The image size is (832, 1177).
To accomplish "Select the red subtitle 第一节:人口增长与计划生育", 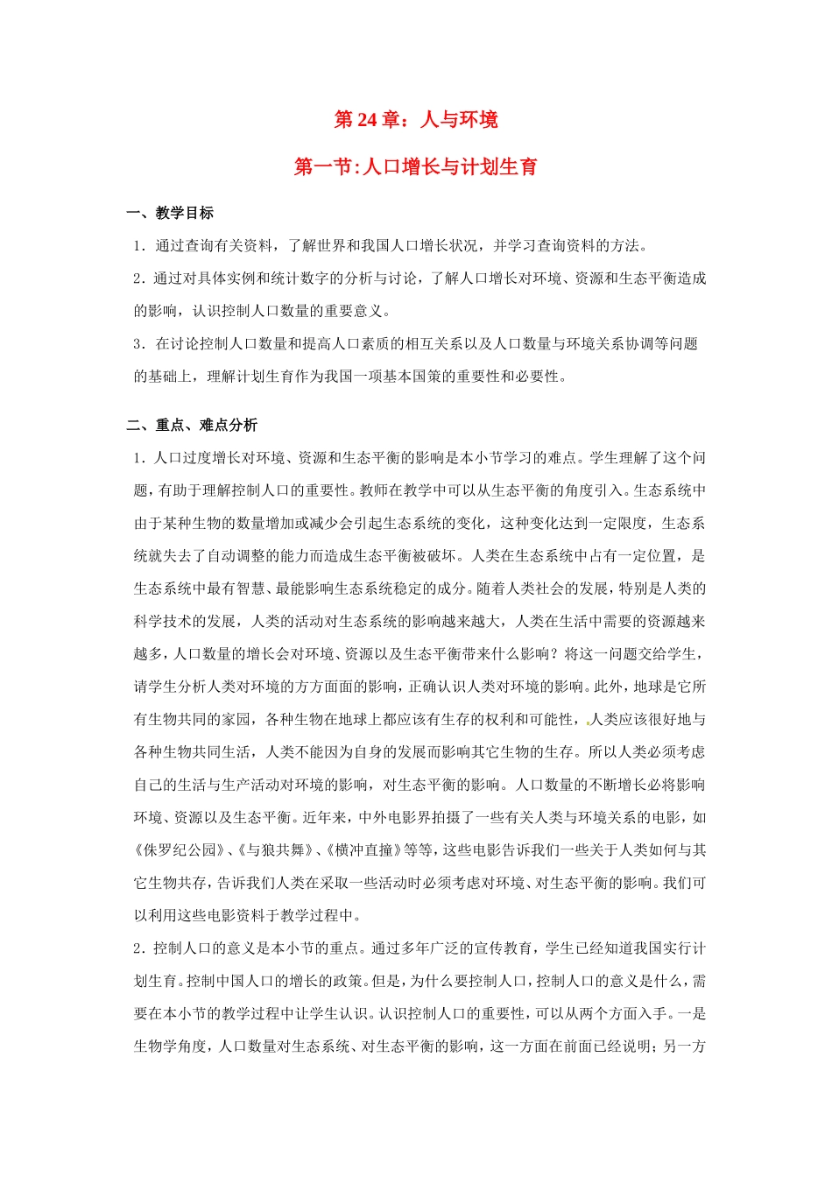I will [416, 166].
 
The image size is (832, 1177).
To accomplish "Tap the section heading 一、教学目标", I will [170, 213].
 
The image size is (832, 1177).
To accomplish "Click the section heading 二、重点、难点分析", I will [192, 426].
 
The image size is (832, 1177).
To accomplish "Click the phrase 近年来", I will [325, 818].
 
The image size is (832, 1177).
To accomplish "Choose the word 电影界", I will [427, 818].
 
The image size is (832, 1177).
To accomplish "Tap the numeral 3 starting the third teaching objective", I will [138, 344].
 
